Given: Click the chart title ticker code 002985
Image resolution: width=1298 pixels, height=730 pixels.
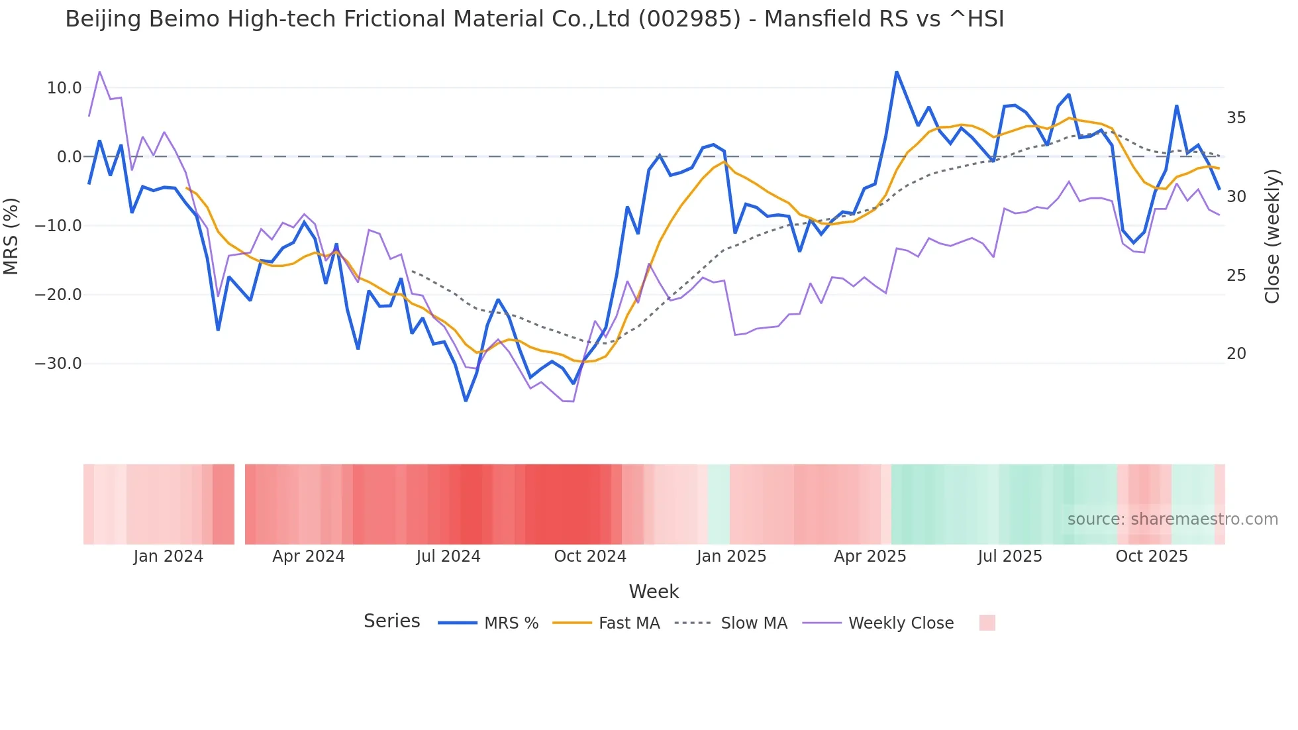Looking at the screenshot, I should (x=689, y=19).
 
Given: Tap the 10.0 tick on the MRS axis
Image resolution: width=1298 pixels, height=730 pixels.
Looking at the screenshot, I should (x=64, y=88).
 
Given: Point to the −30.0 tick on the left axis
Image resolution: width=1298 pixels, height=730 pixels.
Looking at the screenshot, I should (x=59, y=364).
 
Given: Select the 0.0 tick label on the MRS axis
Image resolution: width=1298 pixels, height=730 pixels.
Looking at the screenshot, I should (x=69, y=157).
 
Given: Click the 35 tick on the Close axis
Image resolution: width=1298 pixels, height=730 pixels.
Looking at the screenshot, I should (x=1236, y=118).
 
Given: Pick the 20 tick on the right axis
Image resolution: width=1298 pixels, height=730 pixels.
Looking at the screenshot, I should (x=1236, y=354).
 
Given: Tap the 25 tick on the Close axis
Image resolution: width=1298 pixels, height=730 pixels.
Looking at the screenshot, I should (x=1236, y=276).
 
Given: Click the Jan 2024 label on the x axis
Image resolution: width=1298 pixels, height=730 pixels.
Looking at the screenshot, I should (x=168, y=556).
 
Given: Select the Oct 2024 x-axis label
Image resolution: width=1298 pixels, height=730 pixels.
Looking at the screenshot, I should (x=590, y=556).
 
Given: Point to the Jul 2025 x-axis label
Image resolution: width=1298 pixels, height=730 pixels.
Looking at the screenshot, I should (x=1010, y=556).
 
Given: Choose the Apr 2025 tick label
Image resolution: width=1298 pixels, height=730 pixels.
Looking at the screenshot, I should (x=870, y=556).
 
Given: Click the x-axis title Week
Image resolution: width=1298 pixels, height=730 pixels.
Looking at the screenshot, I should (x=654, y=592).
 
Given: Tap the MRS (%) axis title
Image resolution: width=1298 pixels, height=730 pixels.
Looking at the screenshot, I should (x=11, y=236).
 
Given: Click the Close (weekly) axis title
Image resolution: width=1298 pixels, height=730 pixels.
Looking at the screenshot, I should (x=1272, y=236).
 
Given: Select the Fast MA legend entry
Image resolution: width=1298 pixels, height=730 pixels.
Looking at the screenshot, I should (x=628, y=623).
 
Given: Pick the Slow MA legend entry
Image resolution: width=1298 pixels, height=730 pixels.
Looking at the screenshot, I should (x=754, y=623).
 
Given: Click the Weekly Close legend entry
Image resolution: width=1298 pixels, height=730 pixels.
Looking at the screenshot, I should (x=901, y=623).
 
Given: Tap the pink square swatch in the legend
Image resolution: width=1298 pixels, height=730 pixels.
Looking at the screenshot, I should (x=987, y=623).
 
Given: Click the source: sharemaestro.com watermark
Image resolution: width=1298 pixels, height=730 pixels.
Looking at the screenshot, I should (x=1172, y=519).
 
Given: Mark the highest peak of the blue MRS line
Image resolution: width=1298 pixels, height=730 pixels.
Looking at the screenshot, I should (x=897, y=72).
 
